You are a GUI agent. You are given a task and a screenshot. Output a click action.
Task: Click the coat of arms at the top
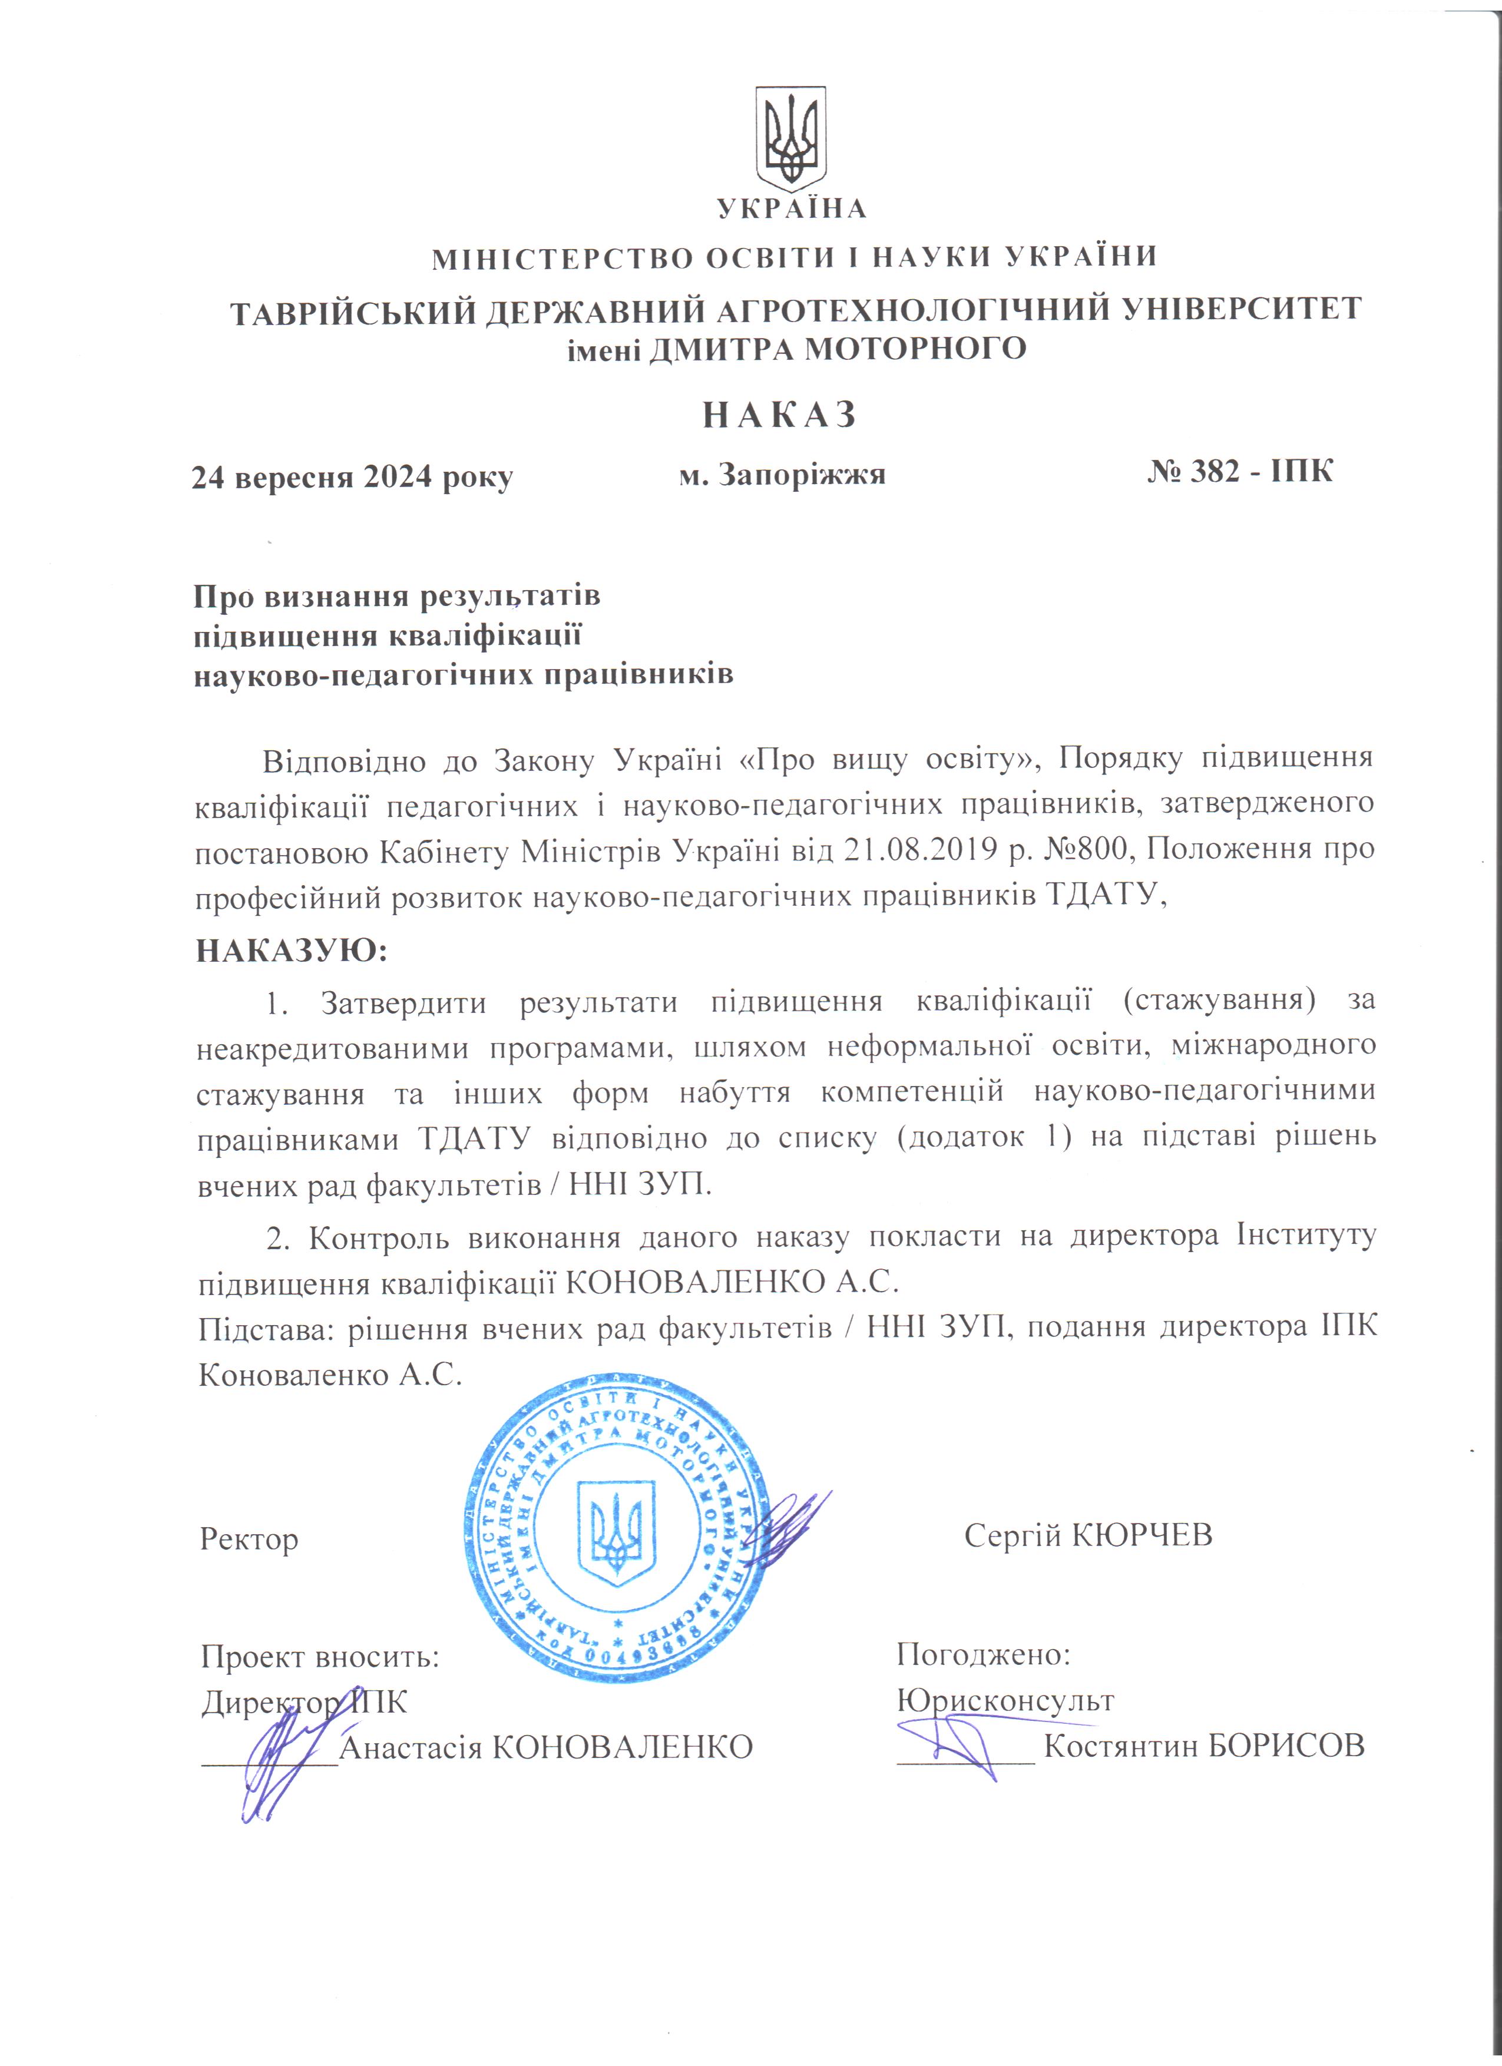[x=790, y=138]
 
